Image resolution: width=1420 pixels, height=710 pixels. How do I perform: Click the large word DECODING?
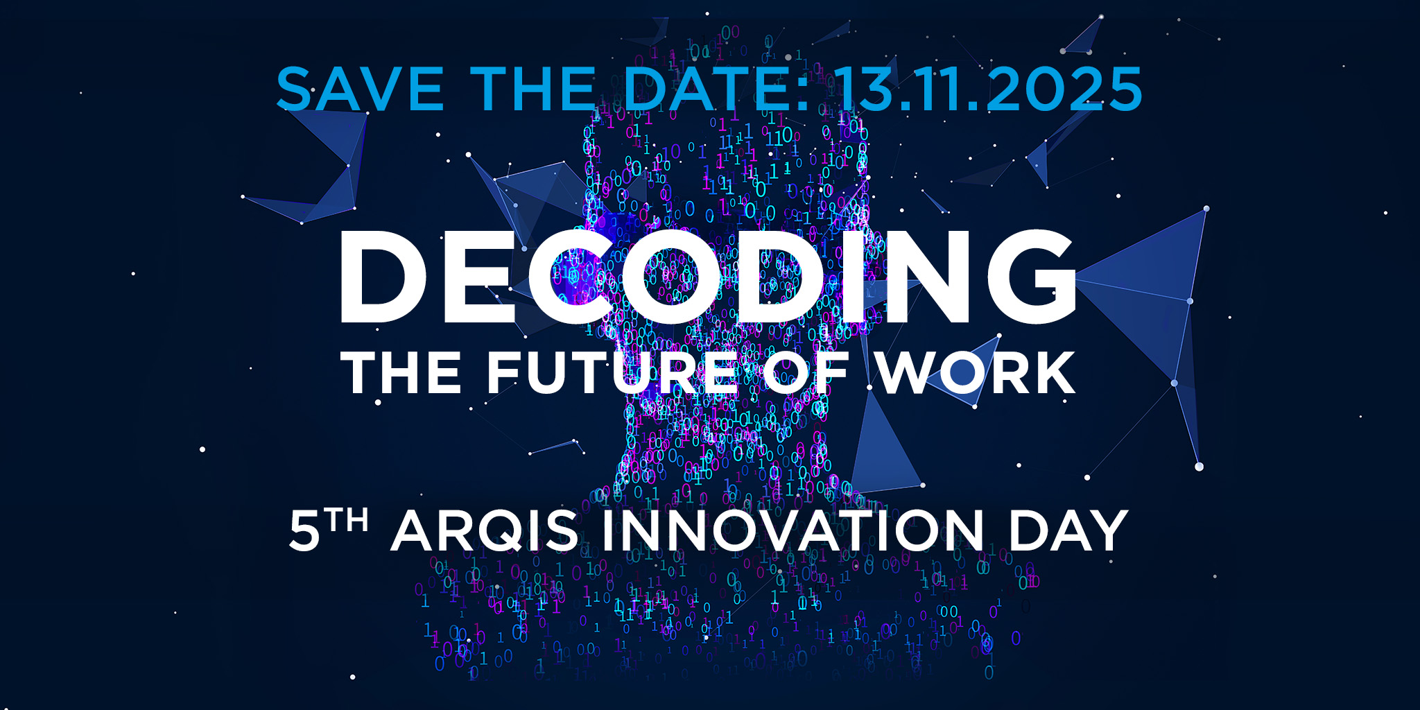(x=707, y=277)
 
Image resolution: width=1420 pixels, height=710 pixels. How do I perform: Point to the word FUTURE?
(x=613, y=372)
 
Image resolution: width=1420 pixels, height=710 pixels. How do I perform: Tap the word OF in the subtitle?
(x=806, y=372)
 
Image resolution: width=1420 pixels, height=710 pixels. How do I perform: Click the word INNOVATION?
(x=793, y=531)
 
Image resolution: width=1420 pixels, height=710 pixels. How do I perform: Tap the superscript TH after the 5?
(x=347, y=520)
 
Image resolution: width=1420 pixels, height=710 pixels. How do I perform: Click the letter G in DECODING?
(x=1032, y=277)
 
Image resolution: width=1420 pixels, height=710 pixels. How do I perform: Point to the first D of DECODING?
(x=382, y=277)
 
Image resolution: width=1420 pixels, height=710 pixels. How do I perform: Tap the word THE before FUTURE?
(x=401, y=372)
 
